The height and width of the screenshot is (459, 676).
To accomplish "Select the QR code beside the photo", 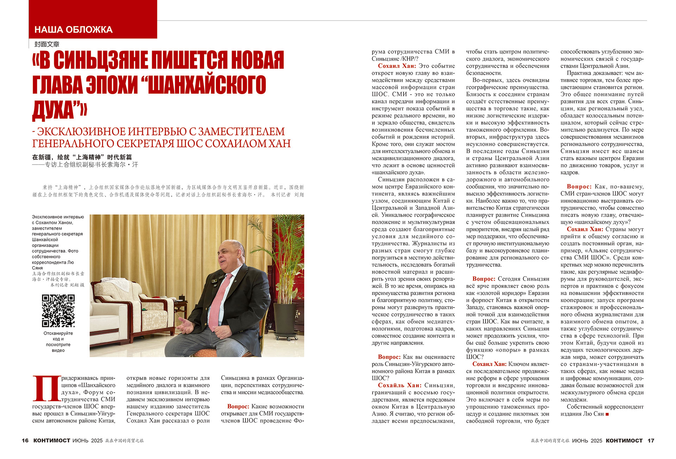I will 58,311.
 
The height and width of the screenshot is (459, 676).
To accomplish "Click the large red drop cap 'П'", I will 46,389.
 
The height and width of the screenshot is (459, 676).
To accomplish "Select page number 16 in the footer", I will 25,441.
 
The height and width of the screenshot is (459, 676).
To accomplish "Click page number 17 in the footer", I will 651,441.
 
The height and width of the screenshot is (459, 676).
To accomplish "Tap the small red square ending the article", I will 607,414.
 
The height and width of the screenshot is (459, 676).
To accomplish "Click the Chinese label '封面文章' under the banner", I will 47,44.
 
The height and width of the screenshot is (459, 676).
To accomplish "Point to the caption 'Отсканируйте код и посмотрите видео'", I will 58,342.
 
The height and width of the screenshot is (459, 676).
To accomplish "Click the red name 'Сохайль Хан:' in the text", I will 400,385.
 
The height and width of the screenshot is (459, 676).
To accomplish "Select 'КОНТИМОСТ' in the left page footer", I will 52,441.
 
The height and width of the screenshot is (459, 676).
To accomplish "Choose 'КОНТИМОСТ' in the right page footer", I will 624,441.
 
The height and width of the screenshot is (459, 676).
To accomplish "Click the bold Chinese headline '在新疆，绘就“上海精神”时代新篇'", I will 82,157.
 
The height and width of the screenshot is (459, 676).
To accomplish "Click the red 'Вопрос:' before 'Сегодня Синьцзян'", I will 484,279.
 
